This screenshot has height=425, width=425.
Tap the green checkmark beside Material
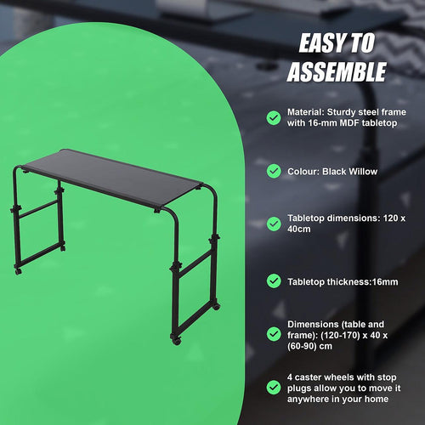(x=273, y=117)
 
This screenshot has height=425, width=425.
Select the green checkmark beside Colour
(x=273, y=171)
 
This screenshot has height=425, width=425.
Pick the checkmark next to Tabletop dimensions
(x=273, y=224)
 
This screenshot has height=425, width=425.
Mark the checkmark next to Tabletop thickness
(x=273, y=280)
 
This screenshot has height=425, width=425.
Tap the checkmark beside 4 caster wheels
(x=273, y=388)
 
